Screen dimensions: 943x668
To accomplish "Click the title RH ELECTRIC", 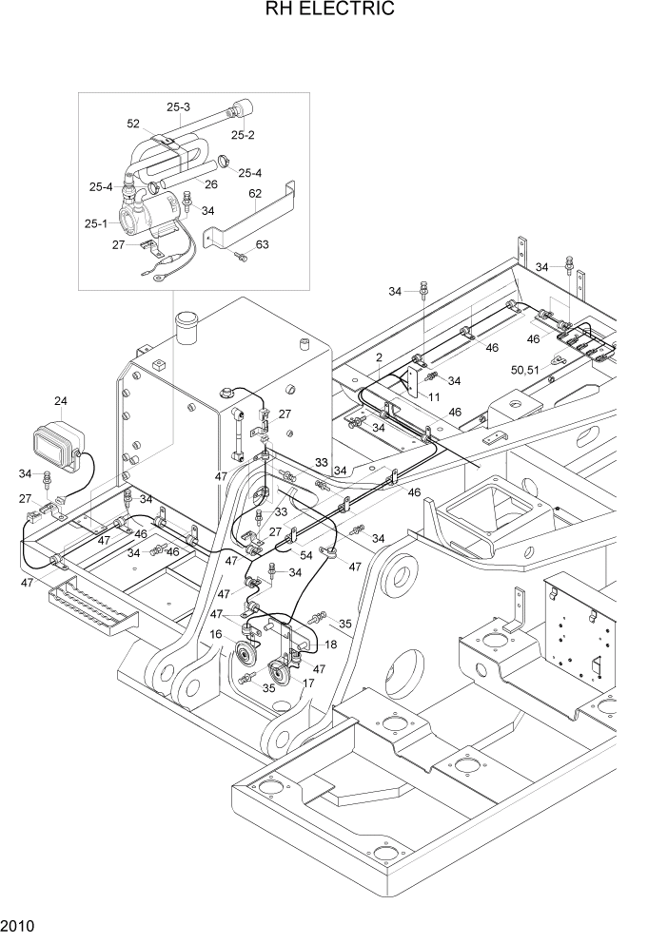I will [x=333, y=11].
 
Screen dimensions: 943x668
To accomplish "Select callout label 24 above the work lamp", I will [x=61, y=400].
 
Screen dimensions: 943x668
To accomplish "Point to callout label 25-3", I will [x=178, y=106].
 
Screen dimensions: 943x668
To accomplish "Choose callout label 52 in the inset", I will [x=133, y=124].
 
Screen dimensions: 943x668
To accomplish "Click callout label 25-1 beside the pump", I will [x=95, y=223].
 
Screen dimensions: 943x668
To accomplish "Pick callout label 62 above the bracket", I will [x=255, y=194].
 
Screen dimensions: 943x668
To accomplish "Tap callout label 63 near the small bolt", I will [x=262, y=244].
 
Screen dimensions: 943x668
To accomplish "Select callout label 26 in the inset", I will [x=211, y=183].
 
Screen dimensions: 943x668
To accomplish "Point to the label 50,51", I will [x=525, y=369].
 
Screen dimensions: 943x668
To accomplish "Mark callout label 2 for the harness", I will [x=379, y=357].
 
